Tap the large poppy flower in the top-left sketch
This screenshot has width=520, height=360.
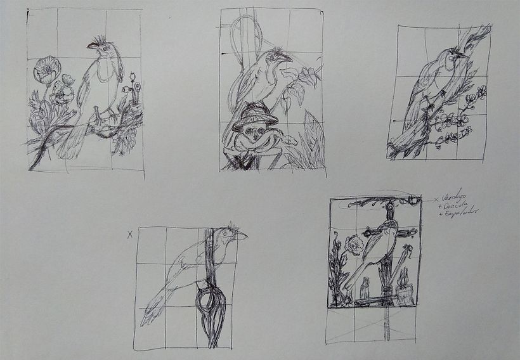click(x=44, y=68)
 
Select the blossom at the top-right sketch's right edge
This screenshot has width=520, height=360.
click(x=481, y=93)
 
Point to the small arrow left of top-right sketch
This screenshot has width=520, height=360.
click(x=394, y=120)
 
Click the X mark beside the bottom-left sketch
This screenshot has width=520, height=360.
click(x=130, y=234)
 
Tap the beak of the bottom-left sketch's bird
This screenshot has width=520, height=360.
click(x=241, y=236)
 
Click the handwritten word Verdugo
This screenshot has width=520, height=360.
click(x=455, y=197)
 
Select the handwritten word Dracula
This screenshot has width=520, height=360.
click(x=455, y=205)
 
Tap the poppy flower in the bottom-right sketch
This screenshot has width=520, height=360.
click(x=354, y=244)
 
